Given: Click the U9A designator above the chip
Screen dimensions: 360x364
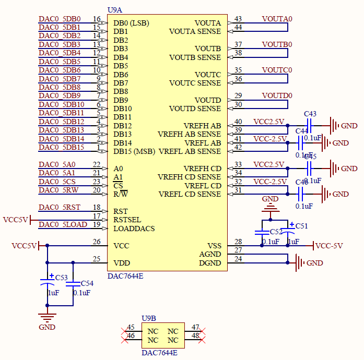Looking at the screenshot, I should (115, 10).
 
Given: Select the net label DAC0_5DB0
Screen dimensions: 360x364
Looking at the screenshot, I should (60, 19).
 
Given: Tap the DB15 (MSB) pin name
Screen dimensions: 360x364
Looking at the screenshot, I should (134, 151).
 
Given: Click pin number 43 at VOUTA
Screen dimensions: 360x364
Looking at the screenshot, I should (238, 19).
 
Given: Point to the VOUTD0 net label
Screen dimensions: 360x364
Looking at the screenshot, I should (277, 95).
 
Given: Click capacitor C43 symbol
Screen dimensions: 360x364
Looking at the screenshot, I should (309, 125).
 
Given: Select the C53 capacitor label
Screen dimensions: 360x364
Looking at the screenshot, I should (61, 277).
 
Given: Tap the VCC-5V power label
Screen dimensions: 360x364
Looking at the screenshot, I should (330, 246).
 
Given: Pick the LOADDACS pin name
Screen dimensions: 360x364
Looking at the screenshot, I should (134, 229).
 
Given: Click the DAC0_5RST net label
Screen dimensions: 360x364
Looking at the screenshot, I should (60, 207).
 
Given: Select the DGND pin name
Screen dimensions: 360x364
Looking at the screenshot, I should (210, 263).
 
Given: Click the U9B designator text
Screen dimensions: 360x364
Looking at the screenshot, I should (149, 318).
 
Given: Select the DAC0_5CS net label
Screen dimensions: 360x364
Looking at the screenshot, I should (57, 182).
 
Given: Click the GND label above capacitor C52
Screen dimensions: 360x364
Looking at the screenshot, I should (270, 199).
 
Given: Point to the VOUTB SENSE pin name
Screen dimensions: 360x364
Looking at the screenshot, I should (195, 57).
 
